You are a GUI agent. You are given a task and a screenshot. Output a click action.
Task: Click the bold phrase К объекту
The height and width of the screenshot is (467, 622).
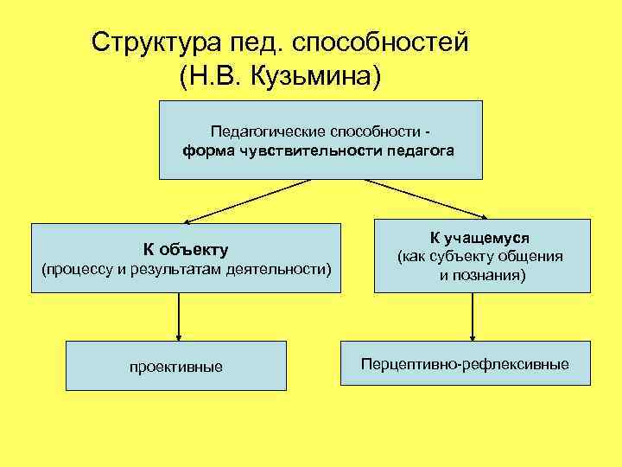pyautogui.click(x=186, y=250)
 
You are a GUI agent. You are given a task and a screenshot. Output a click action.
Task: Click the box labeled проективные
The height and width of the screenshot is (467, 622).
pyautogui.click(x=176, y=366)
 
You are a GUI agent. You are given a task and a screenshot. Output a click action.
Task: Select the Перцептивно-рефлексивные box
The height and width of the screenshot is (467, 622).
pyautogui.click(x=466, y=364)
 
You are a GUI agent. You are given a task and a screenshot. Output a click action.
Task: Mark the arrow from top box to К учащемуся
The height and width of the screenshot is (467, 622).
pyautogui.click(x=427, y=199)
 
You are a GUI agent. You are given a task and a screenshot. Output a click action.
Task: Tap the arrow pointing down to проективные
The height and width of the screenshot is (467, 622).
pyautogui.click(x=178, y=316)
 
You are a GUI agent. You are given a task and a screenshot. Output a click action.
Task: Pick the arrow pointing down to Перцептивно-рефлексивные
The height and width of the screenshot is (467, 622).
pyautogui.click(x=473, y=316)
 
